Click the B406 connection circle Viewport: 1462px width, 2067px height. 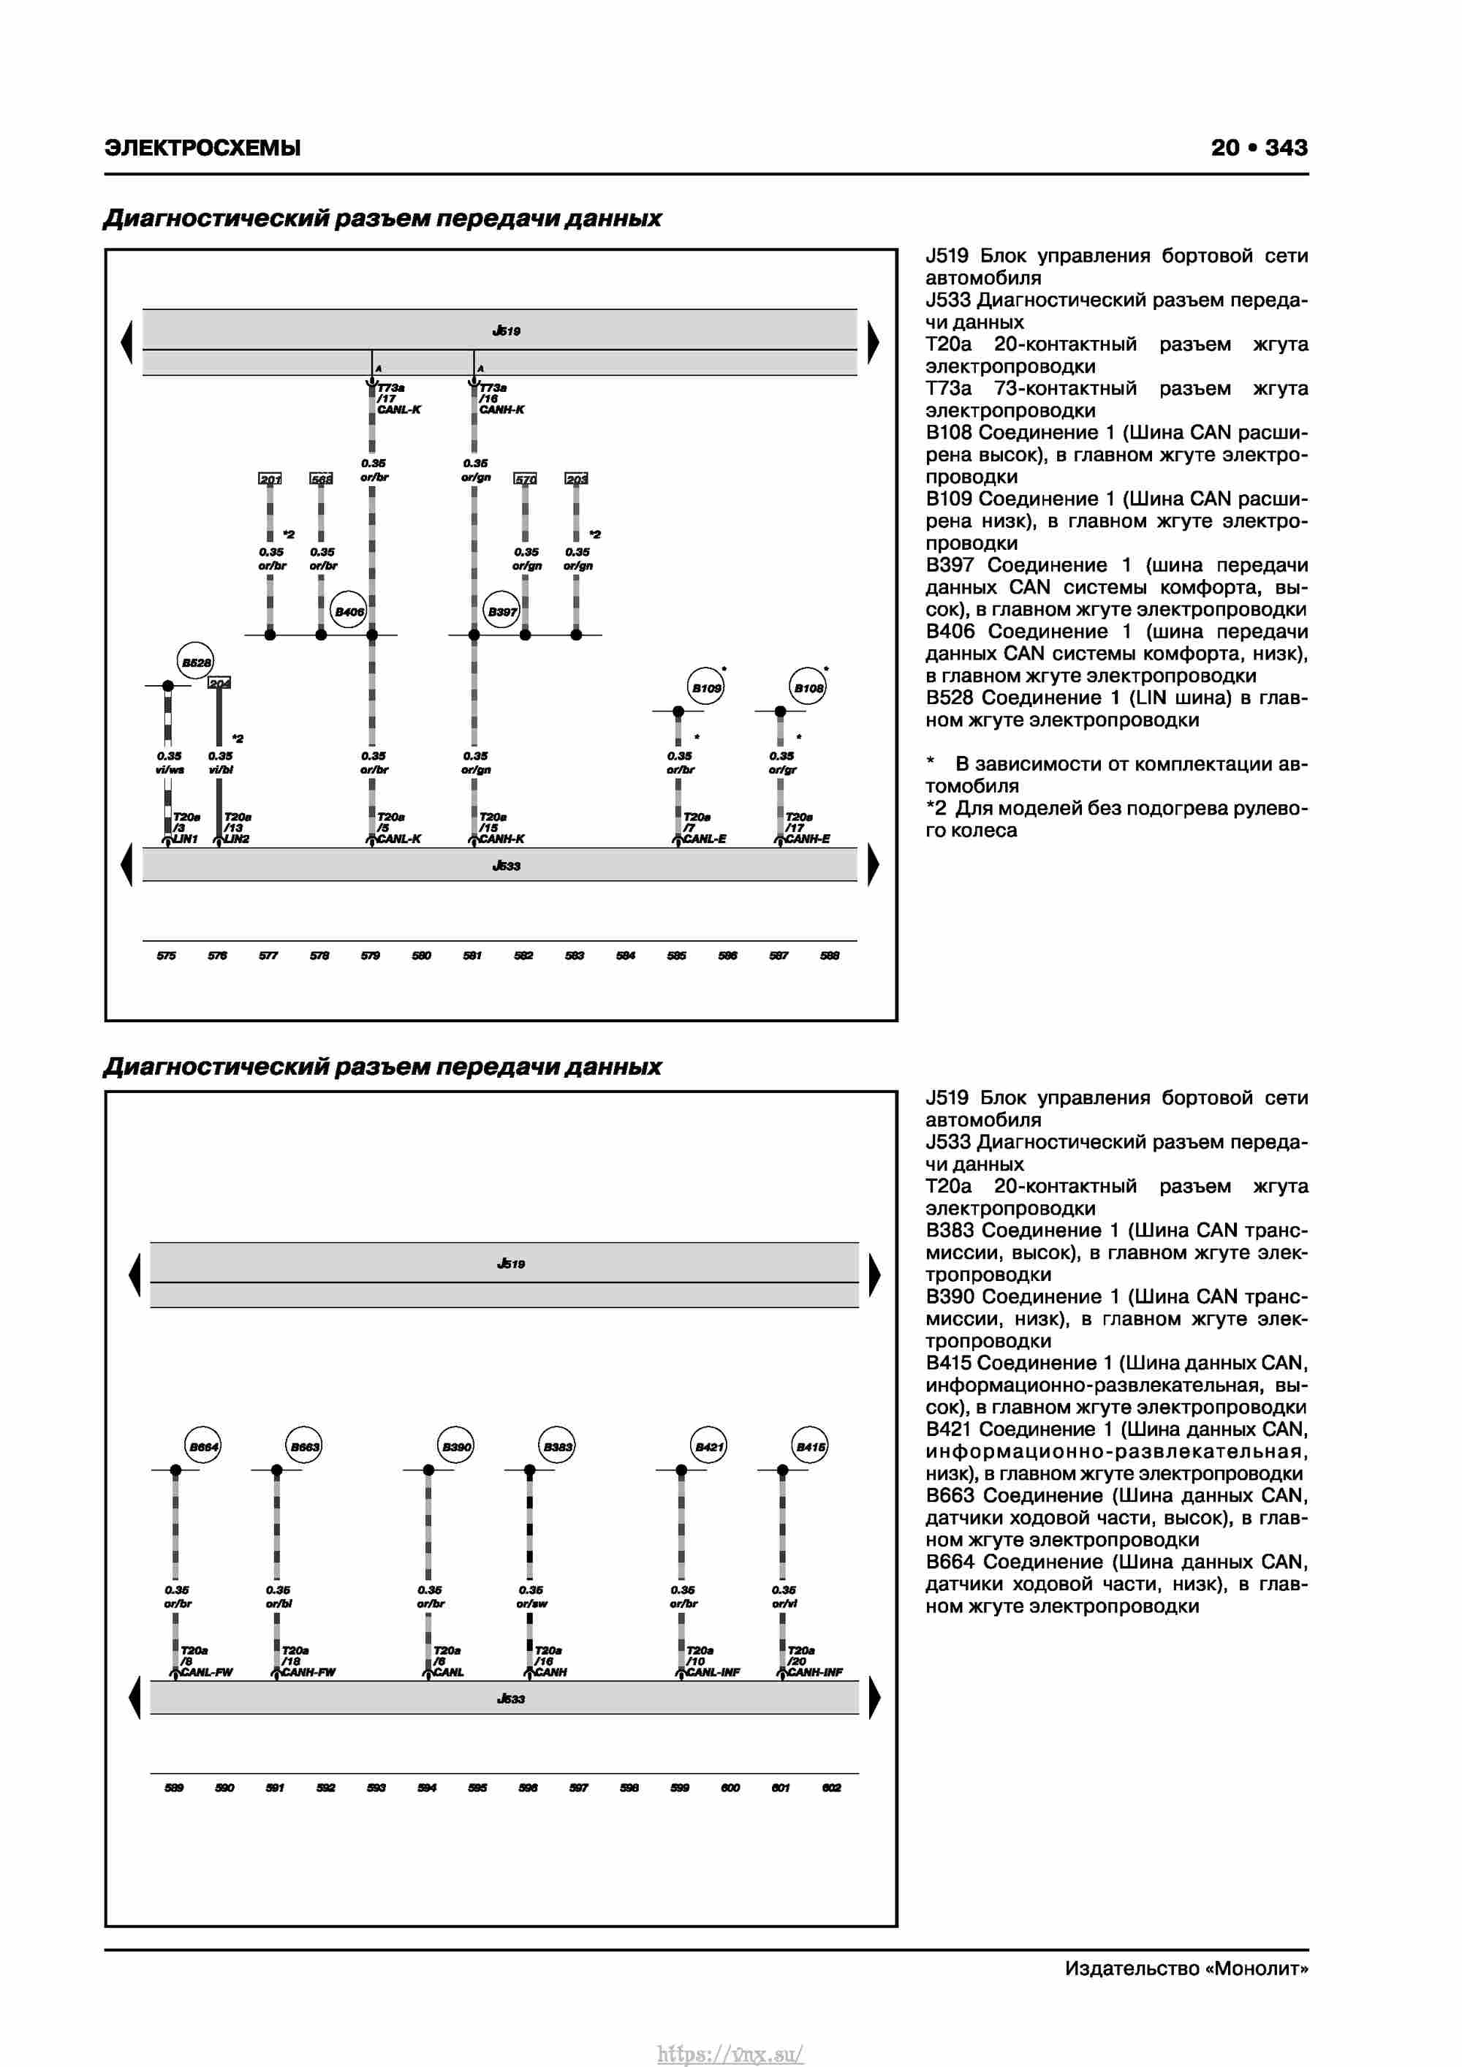point(349,611)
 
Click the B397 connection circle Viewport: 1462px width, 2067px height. point(501,611)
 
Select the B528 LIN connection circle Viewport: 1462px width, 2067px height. point(195,662)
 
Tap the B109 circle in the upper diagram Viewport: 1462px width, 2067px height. point(706,688)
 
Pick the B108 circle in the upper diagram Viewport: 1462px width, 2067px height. point(808,688)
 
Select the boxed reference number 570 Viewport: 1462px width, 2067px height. point(525,479)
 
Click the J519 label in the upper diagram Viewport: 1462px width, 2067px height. point(506,330)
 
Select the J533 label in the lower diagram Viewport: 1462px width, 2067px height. point(510,1698)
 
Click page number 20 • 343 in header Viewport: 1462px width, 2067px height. point(1259,148)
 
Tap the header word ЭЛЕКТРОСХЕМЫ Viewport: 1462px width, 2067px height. point(202,148)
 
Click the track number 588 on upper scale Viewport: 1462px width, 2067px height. point(829,955)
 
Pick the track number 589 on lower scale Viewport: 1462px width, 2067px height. point(174,1787)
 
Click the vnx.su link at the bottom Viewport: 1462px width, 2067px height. point(730,2054)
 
